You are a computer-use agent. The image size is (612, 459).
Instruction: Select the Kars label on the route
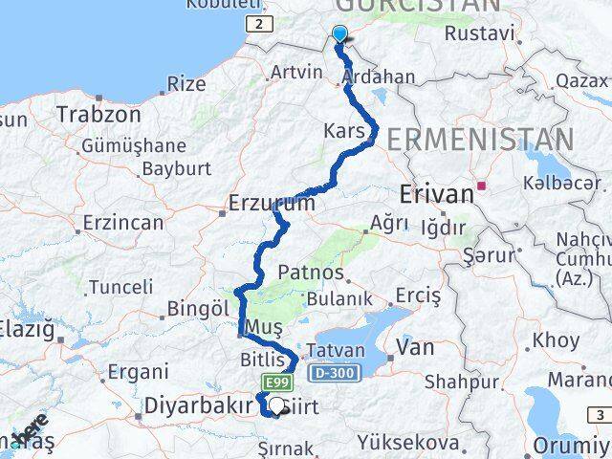[x=344, y=130]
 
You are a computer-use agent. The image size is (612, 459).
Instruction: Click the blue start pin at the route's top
[x=339, y=34]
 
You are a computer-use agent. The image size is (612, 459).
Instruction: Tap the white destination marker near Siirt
[x=278, y=405]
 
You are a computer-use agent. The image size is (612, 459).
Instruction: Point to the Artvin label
[x=296, y=71]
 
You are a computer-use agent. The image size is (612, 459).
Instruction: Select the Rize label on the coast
[x=186, y=83]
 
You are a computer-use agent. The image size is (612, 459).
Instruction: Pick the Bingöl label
[x=198, y=309]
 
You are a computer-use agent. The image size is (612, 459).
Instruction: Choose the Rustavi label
[x=479, y=34]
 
